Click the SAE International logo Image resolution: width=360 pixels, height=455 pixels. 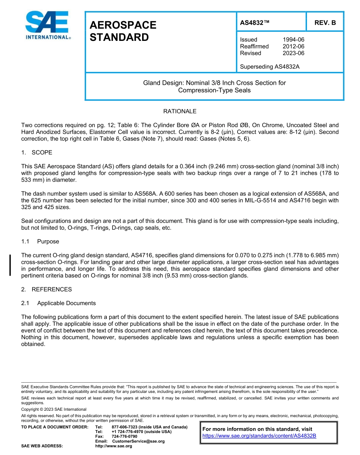coord(48,25)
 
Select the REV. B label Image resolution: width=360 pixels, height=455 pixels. coord(325,23)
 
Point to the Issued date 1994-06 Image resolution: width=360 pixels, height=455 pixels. coord(293,39)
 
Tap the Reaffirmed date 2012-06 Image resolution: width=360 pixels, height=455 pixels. coord(293,46)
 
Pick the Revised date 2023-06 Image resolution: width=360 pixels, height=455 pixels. coord(293,53)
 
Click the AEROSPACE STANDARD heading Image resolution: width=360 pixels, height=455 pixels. coord(123,31)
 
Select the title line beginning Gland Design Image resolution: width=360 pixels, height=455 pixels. coord(214,83)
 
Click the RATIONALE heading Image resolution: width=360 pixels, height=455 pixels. coord(180,111)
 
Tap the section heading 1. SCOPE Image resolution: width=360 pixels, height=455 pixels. coord(37,153)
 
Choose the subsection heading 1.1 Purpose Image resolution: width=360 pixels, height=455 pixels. coord(40,242)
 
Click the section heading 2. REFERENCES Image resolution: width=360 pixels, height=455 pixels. coord(46,289)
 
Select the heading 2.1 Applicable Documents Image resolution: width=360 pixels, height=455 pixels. coord(58,303)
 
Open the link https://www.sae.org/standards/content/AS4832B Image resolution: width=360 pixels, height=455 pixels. coord(259,436)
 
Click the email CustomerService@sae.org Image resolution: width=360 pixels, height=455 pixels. coord(138,441)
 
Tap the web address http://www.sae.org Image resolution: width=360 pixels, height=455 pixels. coord(114,446)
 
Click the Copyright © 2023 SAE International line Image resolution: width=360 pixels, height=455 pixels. coord(54,409)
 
